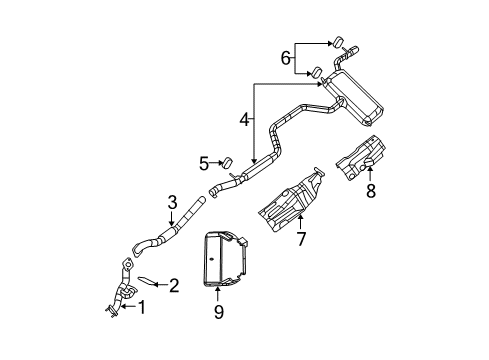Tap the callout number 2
[174, 286]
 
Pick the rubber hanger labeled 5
[227, 161]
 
